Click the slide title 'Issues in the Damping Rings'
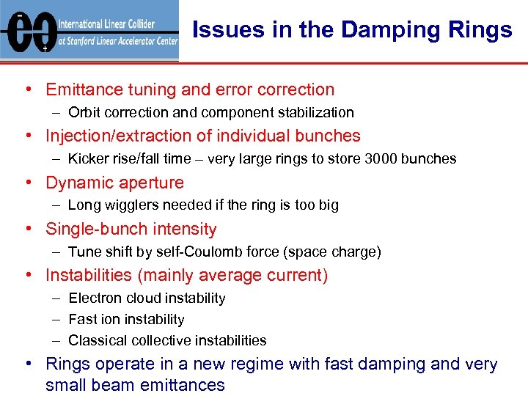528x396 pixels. (x=352, y=30)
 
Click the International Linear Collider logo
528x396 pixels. (x=89, y=30)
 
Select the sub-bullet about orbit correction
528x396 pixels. (x=210, y=113)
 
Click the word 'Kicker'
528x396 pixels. (x=88, y=159)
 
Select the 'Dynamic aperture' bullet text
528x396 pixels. (x=114, y=183)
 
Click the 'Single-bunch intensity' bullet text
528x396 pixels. (x=131, y=230)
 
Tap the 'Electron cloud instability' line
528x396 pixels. (x=147, y=298)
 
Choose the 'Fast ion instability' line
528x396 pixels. (x=126, y=320)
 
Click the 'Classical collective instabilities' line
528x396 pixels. (x=167, y=341)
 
